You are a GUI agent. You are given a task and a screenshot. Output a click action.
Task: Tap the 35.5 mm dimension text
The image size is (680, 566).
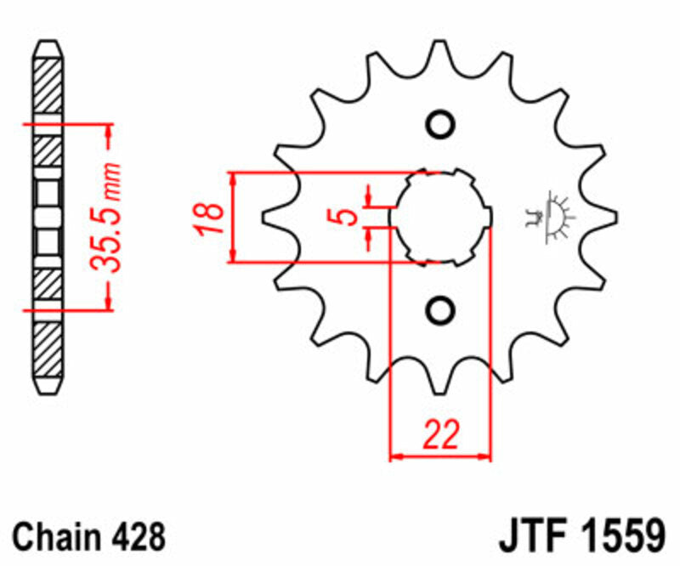107,217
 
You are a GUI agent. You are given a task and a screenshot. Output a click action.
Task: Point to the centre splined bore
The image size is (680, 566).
440,217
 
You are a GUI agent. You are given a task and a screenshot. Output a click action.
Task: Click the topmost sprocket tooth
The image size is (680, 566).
440,55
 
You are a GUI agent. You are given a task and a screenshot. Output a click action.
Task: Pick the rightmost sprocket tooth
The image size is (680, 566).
606,217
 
